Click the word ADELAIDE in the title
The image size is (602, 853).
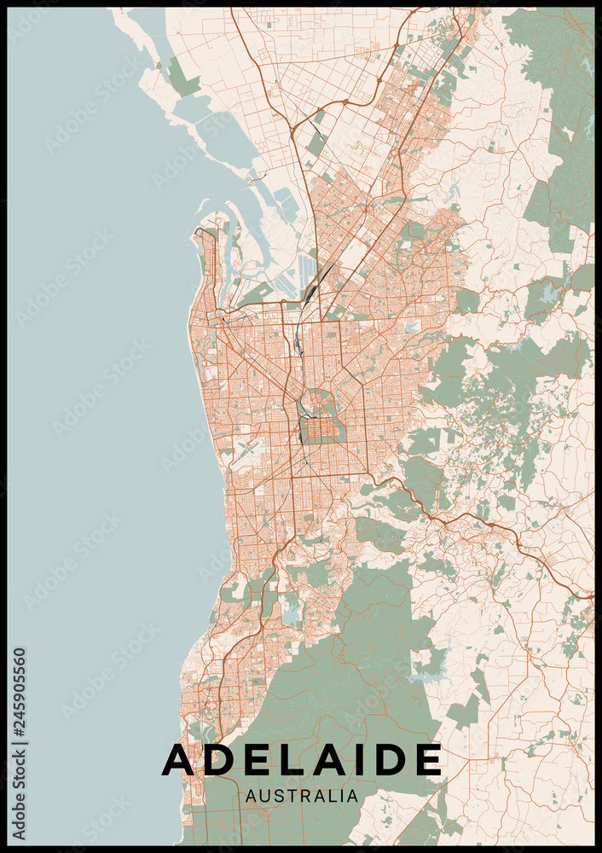pyautogui.click(x=302, y=759)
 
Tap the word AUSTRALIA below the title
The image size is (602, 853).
pyautogui.click(x=302, y=796)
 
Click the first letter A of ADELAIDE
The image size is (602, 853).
pyautogui.click(x=177, y=759)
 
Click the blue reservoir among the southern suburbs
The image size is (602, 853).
pyautogui.click(x=292, y=612)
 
